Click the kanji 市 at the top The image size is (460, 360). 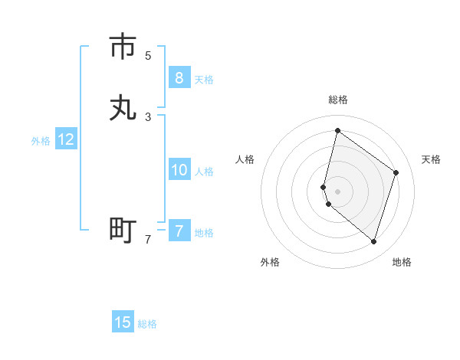pyautogui.click(x=123, y=47)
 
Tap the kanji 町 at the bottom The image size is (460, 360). pyautogui.click(x=123, y=229)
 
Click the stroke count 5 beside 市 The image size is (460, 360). pyautogui.click(x=148, y=55)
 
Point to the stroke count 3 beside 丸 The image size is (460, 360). pyautogui.click(x=148, y=116)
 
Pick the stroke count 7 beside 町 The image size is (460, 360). pyautogui.click(x=148, y=239)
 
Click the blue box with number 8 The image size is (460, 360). pyautogui.click(x=179, y=77)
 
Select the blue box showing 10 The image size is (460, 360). pyautogui.click(x=179, y=170)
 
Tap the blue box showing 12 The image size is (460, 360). pyautogui.click(x=66, y=139)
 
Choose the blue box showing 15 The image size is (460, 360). pyautogui.click(x=123, y=322)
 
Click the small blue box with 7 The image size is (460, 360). pyautogui.click(x=179, y=231)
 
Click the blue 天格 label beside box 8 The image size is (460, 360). pyautogui.click(x=204, y=79)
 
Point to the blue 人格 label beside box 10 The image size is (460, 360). pyautogui.click(x=204, y=172)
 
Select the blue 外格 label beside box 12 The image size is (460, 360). pyautogui.click(x=41, y=141)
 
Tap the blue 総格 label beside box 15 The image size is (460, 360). pyautogui.click(x=147, y=324)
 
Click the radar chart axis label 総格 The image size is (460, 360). pyautogui.click(x=338, y=100)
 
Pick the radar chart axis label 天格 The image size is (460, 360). pyautogui.click(x=432, y=159)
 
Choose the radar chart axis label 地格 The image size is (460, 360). pyautogui.click(x=402, y=262)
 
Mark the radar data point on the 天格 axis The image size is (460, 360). pyautogui.click(x=396, y=172)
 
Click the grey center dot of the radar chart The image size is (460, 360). pyautogui.click(x=338, y=191)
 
